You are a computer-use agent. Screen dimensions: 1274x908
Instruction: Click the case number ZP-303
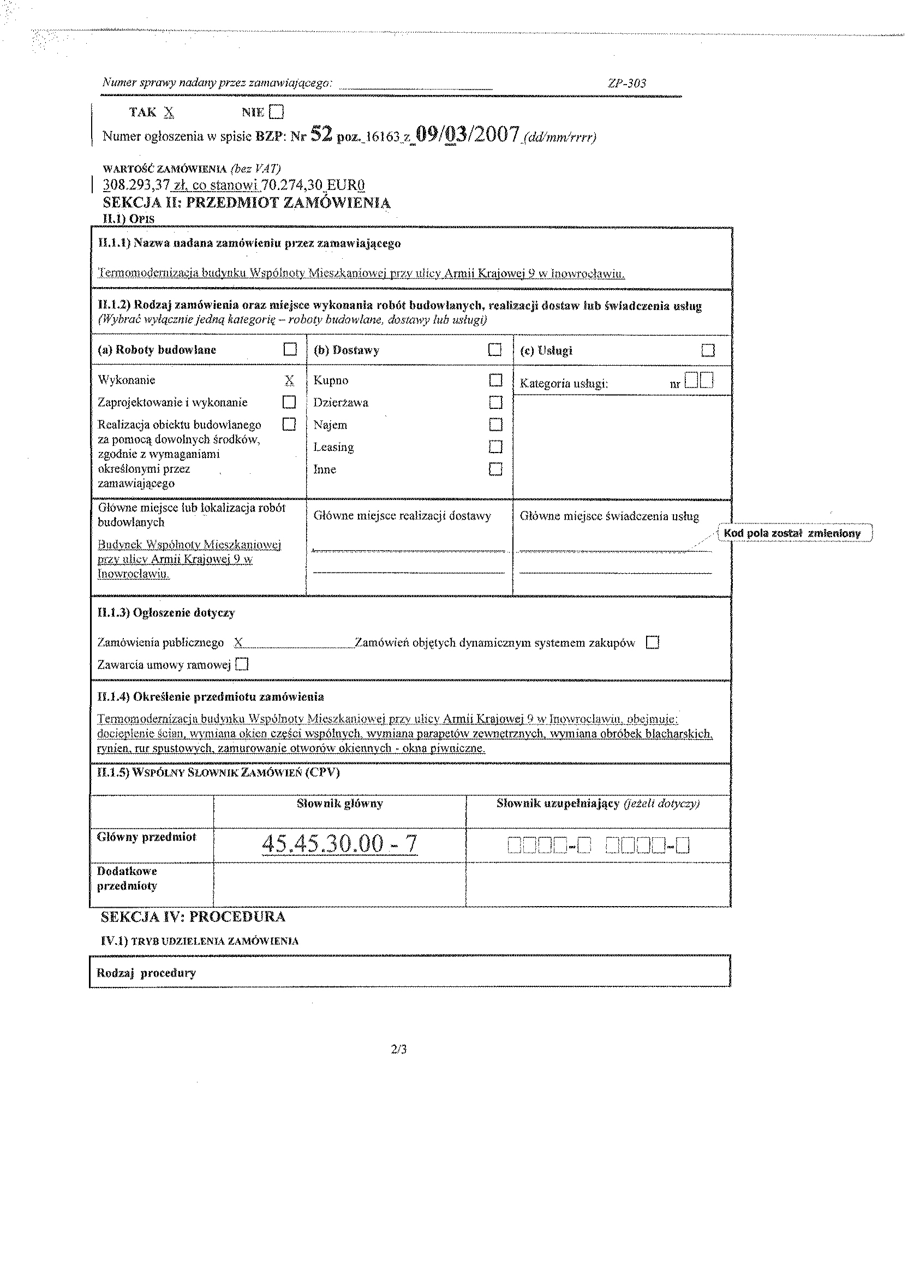(626, 84)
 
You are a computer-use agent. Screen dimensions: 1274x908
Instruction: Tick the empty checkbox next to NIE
(276, 112)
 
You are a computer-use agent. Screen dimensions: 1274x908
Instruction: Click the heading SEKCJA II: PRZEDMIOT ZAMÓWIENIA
(247, 203)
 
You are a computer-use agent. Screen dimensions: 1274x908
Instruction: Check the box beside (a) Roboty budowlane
(290, 349)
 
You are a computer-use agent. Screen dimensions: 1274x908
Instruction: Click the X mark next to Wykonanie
(289, 380)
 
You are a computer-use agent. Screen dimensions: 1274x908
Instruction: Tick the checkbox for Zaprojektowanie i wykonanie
(289, 402)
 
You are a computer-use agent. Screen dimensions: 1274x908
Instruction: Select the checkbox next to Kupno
(495, 380)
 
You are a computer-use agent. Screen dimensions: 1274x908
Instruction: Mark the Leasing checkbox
(495, 447)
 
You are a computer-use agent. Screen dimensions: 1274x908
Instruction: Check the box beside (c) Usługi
(708, 350)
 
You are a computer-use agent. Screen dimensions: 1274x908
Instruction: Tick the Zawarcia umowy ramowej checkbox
(242, 664)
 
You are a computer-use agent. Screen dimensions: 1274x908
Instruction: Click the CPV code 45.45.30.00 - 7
(339, 844)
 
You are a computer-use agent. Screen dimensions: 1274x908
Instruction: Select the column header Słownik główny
(339, 803)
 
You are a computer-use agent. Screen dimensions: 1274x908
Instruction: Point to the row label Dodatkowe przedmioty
(127, 878)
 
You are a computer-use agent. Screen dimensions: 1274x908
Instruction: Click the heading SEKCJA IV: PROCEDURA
(193, 917)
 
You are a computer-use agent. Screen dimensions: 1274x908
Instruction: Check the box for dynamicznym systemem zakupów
(653, 642)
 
